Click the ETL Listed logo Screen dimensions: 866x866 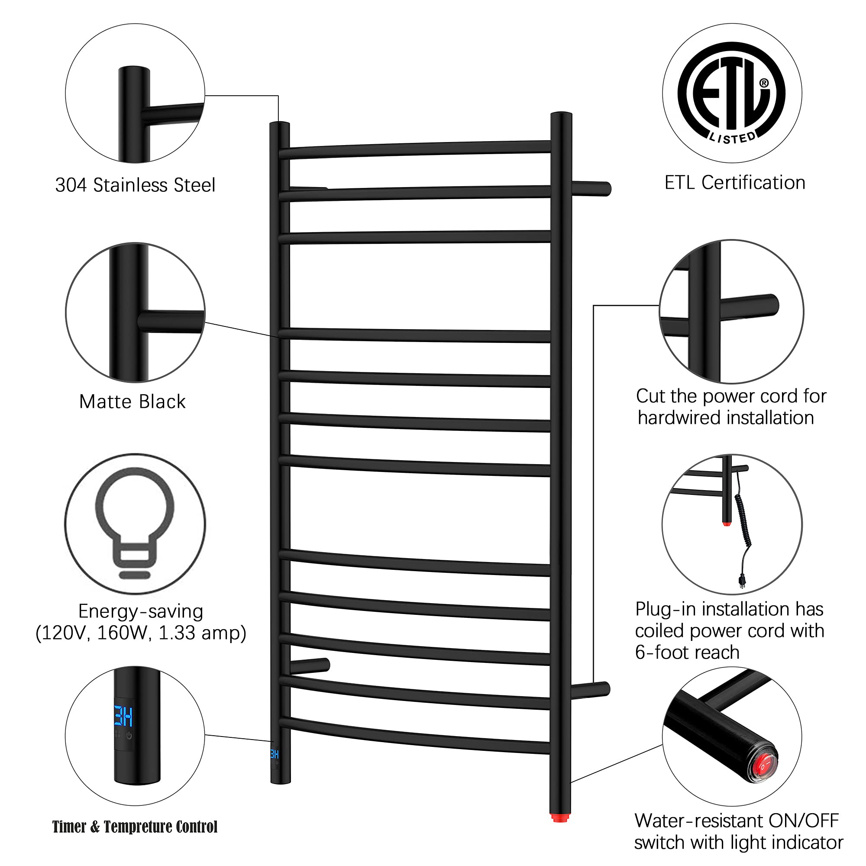(731, 93)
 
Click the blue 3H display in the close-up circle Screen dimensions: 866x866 (123, 716)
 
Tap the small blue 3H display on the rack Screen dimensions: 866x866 (275, 754)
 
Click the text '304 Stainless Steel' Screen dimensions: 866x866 (135, 185)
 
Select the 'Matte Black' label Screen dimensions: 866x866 (132, 401)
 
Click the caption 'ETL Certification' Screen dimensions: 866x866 (735, 182)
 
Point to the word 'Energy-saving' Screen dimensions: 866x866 (141, 611)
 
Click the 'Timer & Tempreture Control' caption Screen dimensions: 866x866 (135, 827)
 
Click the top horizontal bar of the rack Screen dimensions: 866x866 (415, 149)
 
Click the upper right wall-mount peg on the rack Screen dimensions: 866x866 (591, 188)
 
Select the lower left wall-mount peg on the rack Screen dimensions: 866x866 (310, 666)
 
